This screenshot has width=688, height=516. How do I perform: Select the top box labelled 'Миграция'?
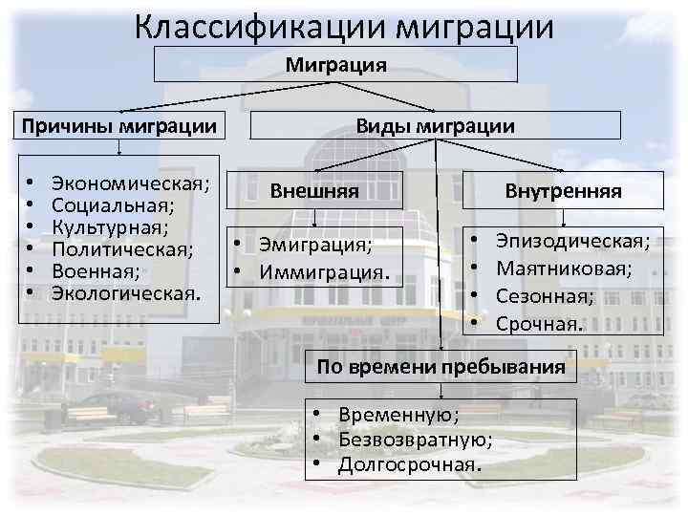coord(335,65)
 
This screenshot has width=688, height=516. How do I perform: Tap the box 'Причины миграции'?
coord(118,126)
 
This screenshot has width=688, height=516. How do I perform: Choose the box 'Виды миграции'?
coord(435,126)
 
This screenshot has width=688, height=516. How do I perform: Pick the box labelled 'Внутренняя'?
coord(563,191)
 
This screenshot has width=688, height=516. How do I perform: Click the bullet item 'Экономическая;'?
coord(131,182)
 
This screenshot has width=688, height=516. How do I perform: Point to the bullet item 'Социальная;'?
coord(113,204)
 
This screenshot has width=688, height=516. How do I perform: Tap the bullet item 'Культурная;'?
coord(111,226)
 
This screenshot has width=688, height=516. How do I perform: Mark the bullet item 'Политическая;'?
coord(122,248)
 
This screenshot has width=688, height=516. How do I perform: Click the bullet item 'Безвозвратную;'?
coord(416,440)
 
